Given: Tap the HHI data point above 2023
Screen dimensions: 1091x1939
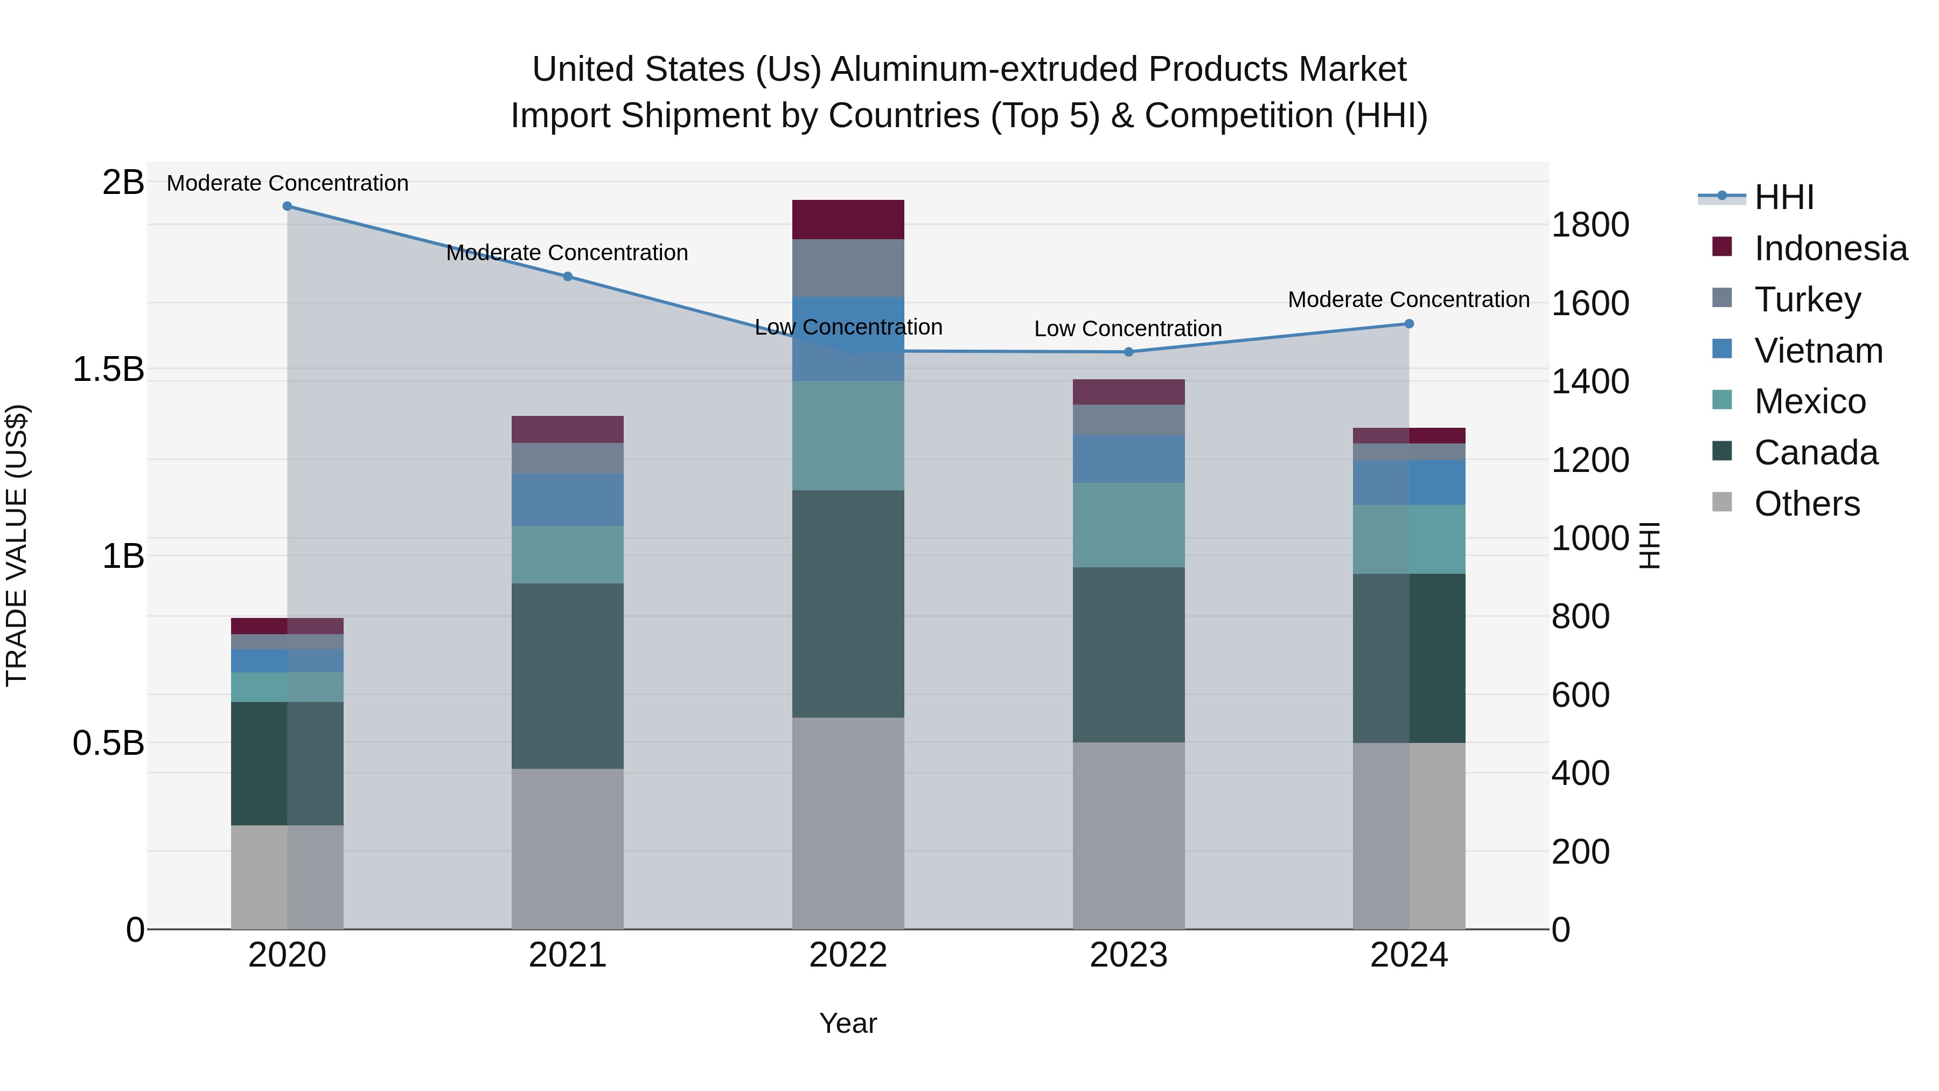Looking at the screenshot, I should click(1128, 352).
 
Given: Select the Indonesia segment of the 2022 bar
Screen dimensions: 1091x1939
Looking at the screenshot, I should click(848, 220).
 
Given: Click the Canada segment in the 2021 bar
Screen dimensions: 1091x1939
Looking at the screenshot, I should click(568, 676).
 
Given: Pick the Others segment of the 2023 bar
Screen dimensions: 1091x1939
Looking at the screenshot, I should click(1128, 835).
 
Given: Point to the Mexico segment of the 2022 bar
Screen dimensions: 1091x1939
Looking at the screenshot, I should click(848, 435).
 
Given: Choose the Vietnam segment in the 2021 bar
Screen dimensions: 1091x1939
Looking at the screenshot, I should click(568, 499).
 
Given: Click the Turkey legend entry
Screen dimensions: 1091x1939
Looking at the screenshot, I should click(1807, 299).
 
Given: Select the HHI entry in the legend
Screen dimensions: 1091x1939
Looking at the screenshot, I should click(1783, 197).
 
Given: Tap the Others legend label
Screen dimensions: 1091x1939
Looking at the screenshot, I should click(1807, 503).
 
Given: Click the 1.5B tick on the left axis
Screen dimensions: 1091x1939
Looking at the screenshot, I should click(108, 369).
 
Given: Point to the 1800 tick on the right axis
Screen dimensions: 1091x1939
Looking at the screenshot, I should click(1590, 224).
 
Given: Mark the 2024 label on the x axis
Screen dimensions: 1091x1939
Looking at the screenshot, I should click(1408, 955).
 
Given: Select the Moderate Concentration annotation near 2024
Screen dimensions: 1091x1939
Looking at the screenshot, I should click(1408, 299).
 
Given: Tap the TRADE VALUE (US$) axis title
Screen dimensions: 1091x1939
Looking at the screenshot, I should click(17, 545).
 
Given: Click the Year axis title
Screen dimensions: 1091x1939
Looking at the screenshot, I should click(848, 1023).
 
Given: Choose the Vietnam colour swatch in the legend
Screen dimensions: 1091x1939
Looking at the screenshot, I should click(1721, 349).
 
